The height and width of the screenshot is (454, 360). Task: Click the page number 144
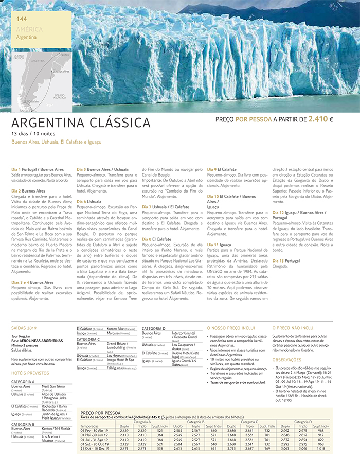(22, 19)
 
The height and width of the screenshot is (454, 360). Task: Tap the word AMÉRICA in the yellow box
(29, 29)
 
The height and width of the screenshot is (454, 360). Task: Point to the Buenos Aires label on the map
(61, 72)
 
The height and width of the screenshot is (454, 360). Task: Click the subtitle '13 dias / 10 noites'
(32, 134)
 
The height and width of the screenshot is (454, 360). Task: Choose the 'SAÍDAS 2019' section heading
(24, 327)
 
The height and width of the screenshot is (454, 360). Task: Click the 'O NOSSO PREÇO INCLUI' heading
(230, 327)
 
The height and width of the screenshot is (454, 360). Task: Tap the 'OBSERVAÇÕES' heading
(287, 360)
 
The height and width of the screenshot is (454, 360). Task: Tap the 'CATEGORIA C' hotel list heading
(88, 339)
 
